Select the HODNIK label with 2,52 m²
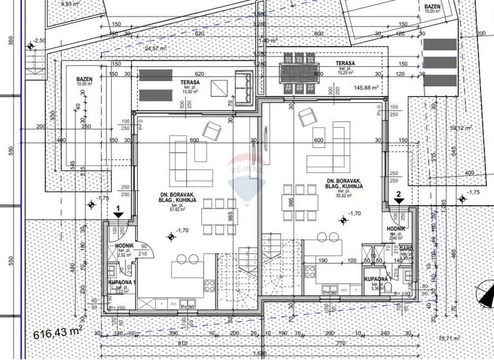pyautogui.click(x=123, y=249)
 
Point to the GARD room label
pyautogui.click(x=405, y=250)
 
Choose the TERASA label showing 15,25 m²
pyautogui.click(x=345, y=67)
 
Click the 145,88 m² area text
pyautogui.click(x=363, y=87)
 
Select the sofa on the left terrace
pyautogui.click(x=244, y=87)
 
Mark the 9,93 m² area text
pyautogui.click(x=68, y=4)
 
